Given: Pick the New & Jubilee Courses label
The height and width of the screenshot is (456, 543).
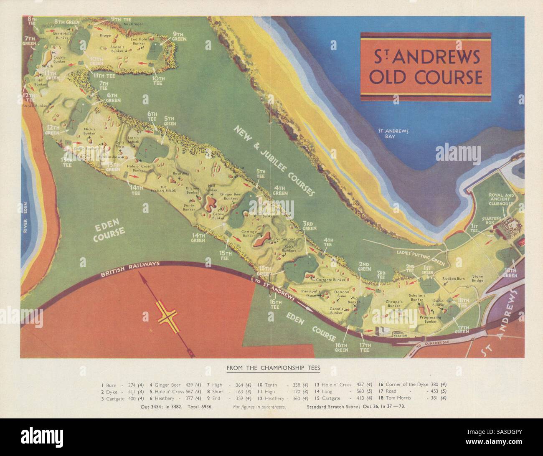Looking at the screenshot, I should (273, 160).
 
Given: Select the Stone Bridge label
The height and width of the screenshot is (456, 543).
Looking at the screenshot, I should (477, 278).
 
